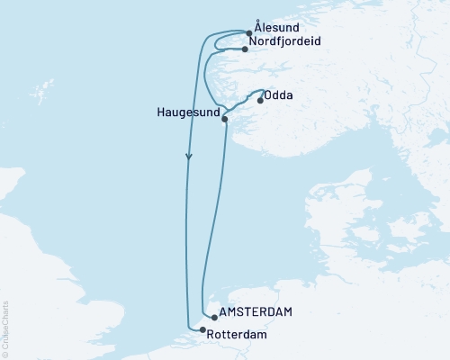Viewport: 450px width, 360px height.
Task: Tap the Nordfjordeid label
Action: [287, 41]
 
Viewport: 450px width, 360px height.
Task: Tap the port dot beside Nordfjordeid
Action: [245, 49]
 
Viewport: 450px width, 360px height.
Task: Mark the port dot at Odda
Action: [260, 101]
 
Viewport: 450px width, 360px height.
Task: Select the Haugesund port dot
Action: [225, 119]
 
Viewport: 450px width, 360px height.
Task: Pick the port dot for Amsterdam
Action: [212, 317]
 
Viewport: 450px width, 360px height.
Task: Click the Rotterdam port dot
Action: [202, 330]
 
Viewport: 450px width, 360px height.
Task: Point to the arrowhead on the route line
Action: [188, 158]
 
